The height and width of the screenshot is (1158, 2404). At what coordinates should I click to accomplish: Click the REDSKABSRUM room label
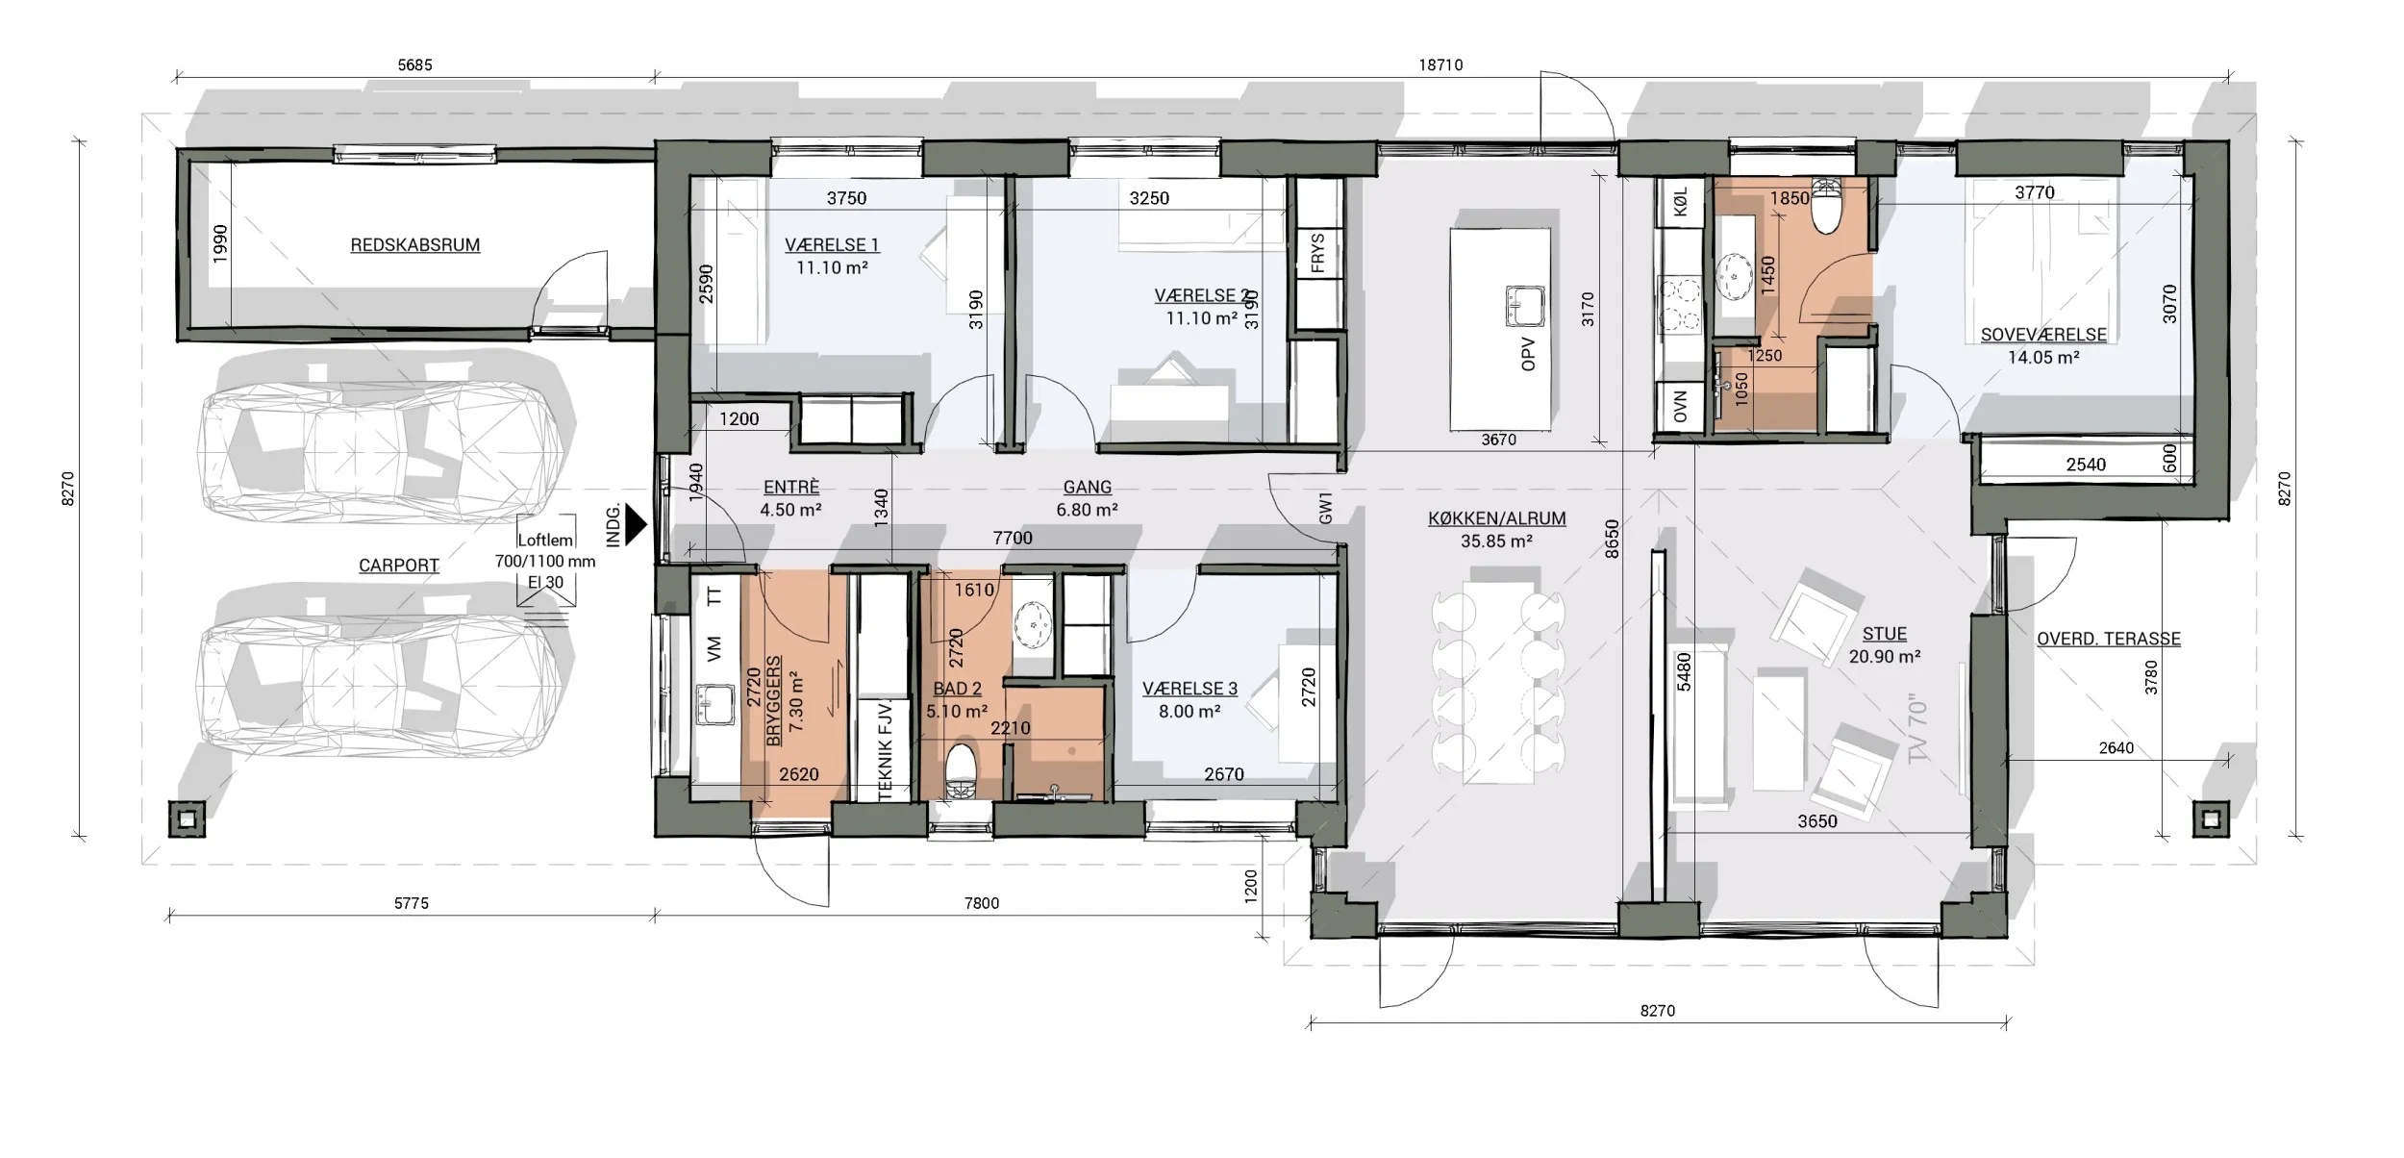pos(414,245)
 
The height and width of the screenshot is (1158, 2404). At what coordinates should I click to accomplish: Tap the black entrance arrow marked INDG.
pos(636,525)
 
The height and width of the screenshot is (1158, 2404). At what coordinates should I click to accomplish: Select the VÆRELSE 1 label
pos(832,245)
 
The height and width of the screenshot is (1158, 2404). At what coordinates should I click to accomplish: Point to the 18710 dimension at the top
pos(1440,65)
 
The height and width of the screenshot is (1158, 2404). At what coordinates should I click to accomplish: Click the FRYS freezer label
pos(1317,252)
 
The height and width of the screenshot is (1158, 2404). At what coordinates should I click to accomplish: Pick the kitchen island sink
pos(1524,307)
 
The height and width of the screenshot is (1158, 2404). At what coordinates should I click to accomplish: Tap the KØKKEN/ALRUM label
pos(1496,518)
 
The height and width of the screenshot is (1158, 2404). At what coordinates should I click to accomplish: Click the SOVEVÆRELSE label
pos(2042,335)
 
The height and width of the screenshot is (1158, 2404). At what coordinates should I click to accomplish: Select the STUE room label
pos(1884,635)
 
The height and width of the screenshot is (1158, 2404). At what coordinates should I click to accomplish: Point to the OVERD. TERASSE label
pos(2108,639)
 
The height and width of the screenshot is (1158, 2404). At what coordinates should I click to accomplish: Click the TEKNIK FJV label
pos(886,751)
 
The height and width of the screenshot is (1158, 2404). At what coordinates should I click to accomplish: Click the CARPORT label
pos(399,566)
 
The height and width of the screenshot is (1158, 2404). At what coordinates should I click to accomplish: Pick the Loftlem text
pos(545,541)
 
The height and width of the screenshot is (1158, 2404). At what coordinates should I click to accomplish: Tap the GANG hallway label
pos(1088,488)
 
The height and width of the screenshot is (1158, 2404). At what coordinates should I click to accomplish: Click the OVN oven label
pos(1680,407)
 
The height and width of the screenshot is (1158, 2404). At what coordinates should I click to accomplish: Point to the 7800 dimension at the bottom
pos(981,903)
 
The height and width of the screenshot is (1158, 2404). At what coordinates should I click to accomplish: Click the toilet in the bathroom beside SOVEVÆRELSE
pos(1824,207)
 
